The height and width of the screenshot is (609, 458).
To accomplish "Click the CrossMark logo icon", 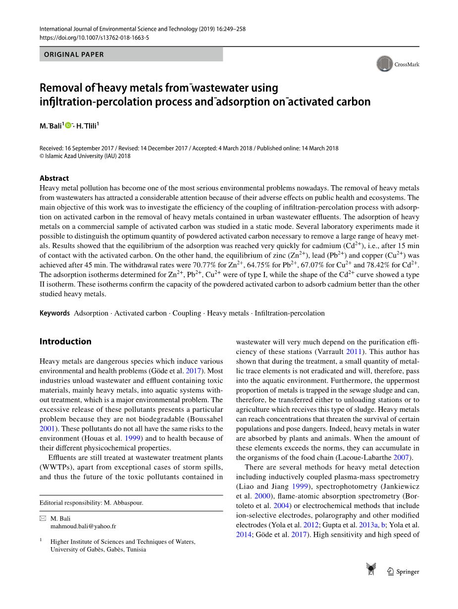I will tap(385, 64).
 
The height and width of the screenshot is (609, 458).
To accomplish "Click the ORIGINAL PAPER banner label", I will tap(74, 54).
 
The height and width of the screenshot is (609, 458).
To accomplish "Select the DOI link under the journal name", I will tap(94, 37).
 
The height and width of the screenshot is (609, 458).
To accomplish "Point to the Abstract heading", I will tap(54, 178).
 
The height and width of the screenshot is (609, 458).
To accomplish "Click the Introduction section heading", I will tap(65, 341).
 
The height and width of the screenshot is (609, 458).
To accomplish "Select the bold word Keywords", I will tap(54, 313).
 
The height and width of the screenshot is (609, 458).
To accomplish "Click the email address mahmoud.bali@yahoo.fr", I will tap(83, 526).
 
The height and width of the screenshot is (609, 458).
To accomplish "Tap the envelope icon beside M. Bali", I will tap(43, 518).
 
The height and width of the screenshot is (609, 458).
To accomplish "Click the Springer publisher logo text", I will tap(407, 571).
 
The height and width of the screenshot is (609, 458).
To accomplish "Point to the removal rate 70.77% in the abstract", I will tap(204, 265).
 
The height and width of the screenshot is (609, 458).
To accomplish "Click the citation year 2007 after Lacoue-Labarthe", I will tap(403, 457).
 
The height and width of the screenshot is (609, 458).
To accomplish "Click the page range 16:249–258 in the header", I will tap(227, 29).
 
